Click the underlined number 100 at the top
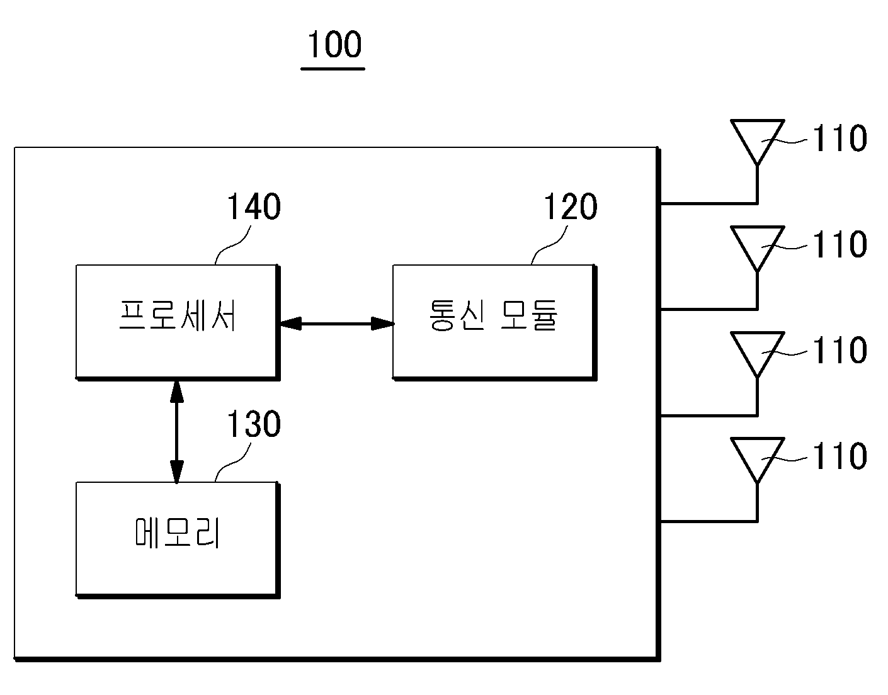[x=334, y=44]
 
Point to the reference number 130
[x=254, y=424]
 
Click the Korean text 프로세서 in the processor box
[x=178, y=315]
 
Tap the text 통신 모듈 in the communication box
[x=493, y=315]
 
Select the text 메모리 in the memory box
[x=178, y=533]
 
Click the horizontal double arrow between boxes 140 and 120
[x=337, y=324]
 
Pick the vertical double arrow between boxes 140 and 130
[x=176, y=432]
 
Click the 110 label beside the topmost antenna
[x=840, y=138]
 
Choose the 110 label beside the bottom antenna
[x=840, y=456]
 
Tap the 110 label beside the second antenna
[x=840, y=244]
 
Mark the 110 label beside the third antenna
[x=840, y=351]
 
